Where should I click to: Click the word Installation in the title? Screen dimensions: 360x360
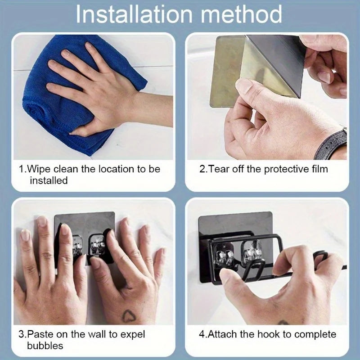(134, 14)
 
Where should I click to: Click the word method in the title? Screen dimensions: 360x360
(241, 14)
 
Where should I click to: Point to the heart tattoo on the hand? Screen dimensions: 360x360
(129, 316)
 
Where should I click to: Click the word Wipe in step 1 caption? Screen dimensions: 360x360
(39, 169)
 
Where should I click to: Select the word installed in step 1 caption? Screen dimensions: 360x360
(49, 180)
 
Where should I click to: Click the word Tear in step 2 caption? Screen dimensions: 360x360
(218, 169)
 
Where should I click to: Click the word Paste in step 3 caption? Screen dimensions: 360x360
(40, 334)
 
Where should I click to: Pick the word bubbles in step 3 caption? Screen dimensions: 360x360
(45, 346)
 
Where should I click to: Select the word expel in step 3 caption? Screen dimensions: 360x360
(133, 335)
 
